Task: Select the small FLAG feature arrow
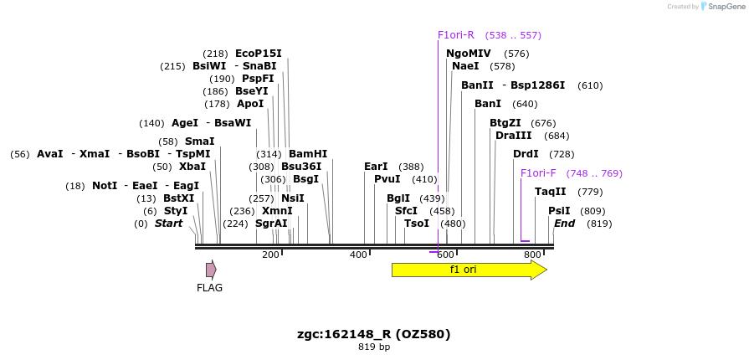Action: pyautogui.click(x=211, y=270)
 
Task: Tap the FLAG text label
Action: pyautogui.click(x=209, y=288)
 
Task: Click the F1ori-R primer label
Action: pyautogui.click(x=455, y=35)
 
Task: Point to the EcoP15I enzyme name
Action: pyautogui.click(x=258, y=54)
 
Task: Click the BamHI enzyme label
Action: pyautogui.click(x=307, y=154)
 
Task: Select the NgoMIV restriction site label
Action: pyautogui.click(x=468, y=54)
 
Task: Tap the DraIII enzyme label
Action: pyautogui.click(x=513, y=136)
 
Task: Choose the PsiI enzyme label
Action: pyautogui.click(x=559, y=211)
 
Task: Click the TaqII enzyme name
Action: pyautogui.click(x=551, y=192)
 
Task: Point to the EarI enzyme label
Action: pyautogui.click(x=376, y=167)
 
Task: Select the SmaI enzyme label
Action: pyautogui.click(x=199, y=141)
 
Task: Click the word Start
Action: pyautogui.click(x=168, y=224)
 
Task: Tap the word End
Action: pyautogui.click(x=564, y=224)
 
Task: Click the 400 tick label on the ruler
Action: pyautogui.click(x=358, y=255)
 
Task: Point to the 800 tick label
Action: pyautogui.click(x=532, y=255)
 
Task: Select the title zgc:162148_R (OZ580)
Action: pyautogui.click(x=373, y=334)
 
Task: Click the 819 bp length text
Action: pyautogui.click(x=373, y=347)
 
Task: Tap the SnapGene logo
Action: pyautogui.click(x=723, y=7)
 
